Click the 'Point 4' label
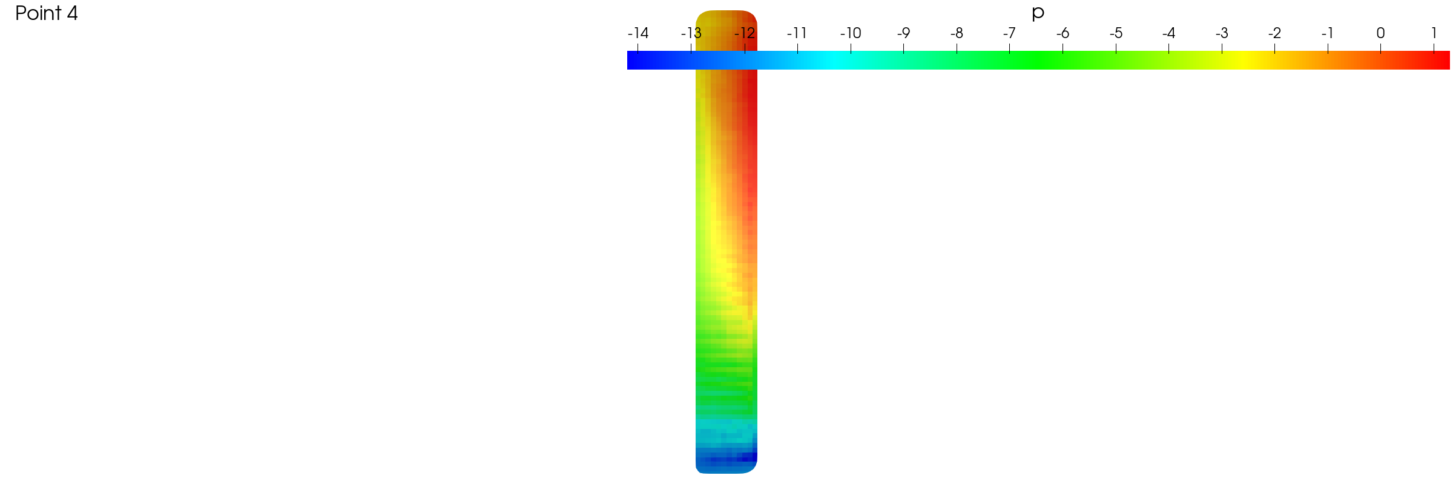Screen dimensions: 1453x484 click(x=47, y=13)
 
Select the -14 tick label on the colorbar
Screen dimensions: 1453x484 click(x=638, y=33)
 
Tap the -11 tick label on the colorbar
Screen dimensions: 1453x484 click(x=797, y=33)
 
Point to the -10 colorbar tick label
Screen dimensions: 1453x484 click(x=851, y=33)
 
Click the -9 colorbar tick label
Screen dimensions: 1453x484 click(x=903, y=33)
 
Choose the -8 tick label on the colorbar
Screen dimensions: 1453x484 click(x=957, y=33)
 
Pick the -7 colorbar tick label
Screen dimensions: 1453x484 click(x=1009, y=33)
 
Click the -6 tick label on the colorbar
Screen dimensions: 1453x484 click(x=1063, y=33)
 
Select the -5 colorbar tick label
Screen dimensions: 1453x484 click(x=1116, y=33)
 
